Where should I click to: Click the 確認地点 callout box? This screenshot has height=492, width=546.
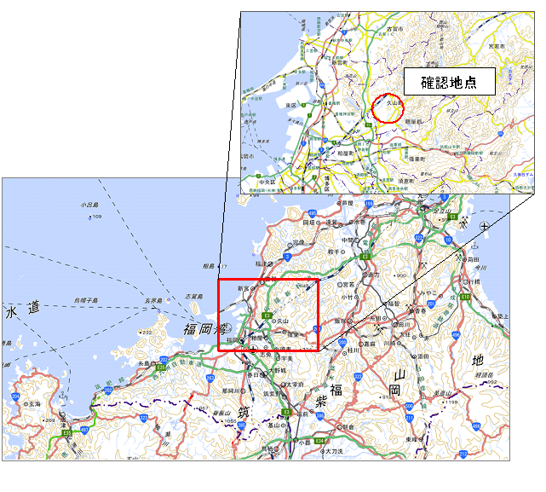click(448, 83)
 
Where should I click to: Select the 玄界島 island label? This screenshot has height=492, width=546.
click(152, 301)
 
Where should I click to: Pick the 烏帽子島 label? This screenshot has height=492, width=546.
click(85, 300)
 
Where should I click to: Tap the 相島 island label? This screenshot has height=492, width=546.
click(209, 267)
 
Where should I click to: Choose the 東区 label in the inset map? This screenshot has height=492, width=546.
click(290, 106)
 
